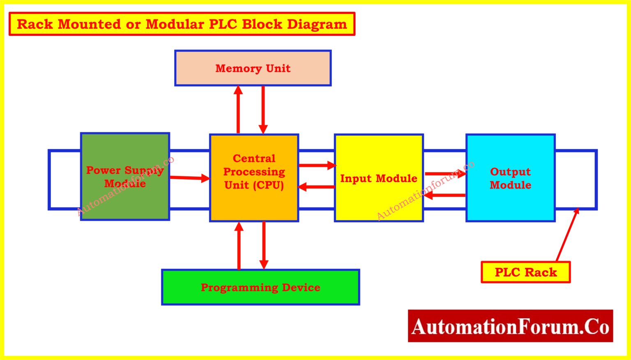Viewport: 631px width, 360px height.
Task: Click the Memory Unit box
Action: click(253, 68)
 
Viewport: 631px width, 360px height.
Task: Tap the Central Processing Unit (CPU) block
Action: click(254, 178)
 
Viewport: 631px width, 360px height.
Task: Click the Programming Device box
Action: click(260, 287)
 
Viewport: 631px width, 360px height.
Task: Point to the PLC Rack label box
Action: click(525, 272)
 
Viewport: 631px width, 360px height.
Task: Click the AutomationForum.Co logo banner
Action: click(510, 326)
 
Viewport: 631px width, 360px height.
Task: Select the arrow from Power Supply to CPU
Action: click(189, 178)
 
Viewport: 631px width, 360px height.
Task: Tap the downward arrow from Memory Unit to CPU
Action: click(263, 109)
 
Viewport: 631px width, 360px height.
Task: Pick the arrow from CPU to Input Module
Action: click(317, 165)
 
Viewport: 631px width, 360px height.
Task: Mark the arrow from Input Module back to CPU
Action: click(317, 187)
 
